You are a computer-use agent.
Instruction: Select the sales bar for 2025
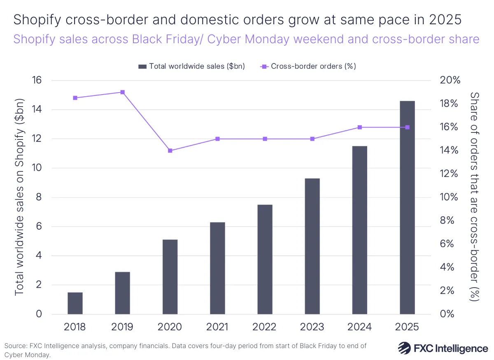click(x=407, y=207)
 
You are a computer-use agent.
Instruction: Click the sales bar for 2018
click(x=75, y=303)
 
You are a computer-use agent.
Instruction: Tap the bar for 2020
click(x=170, y=277)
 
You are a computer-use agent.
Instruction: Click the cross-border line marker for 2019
click(x=122, y=92)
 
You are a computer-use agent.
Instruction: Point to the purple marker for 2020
click(x=170, y=151)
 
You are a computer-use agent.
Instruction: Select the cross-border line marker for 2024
click(x=360, y=127)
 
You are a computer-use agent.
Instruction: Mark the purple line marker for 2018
click(x=75, y=98)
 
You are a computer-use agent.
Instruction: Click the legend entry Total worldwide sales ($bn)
click(x=192, y=66)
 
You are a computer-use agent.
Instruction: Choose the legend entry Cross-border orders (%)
click(x=308, y=66)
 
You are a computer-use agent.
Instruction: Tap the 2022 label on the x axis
click(x=265, y=327)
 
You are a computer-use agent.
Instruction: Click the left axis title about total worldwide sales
click(x=19, y=197)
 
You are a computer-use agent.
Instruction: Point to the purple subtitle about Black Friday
click(x=246, y=39)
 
